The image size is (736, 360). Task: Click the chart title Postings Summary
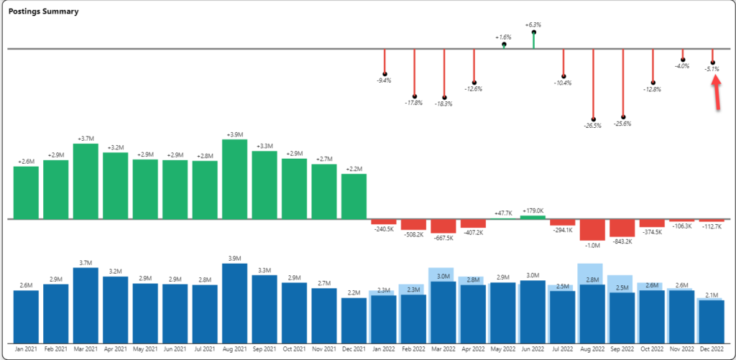[43, 12]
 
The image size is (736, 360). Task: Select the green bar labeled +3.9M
[235, 178]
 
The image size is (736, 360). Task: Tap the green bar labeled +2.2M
[354, 195]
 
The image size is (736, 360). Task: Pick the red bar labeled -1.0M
[593, 230]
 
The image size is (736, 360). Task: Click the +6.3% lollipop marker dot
[533, 33]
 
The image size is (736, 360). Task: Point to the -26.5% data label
[593, 126]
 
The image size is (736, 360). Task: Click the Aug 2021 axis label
[235, 349]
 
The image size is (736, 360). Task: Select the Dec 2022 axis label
[712, 349]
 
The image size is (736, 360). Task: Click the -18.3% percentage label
[444, 104]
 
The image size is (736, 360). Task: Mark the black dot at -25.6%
[623, 116]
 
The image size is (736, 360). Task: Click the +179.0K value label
[533, 211]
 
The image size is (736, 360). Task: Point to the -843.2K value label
[623, 241]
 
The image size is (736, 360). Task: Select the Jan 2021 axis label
[26, 349]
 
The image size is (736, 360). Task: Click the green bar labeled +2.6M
[26, 192]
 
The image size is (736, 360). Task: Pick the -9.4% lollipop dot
[385, 73]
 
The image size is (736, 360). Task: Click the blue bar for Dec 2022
[712, 321]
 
